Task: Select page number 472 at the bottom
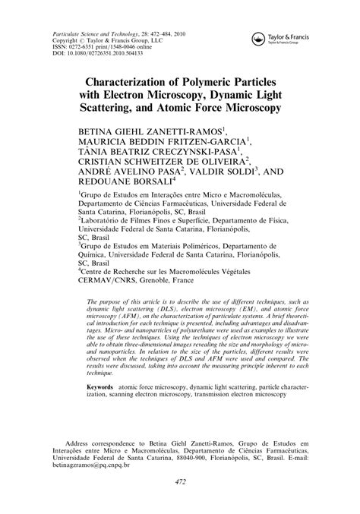180,482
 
